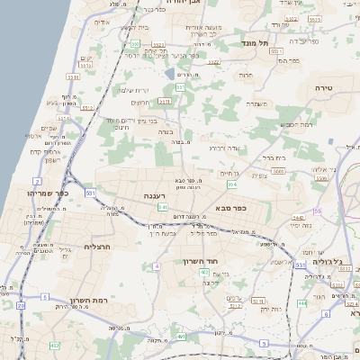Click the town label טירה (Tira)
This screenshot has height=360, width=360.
[324, 86]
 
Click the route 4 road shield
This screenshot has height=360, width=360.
[157, 266]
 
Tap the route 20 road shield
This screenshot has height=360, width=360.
[20, 305]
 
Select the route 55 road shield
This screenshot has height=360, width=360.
[317, 211]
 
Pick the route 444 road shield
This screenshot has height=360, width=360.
[301, 303]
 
